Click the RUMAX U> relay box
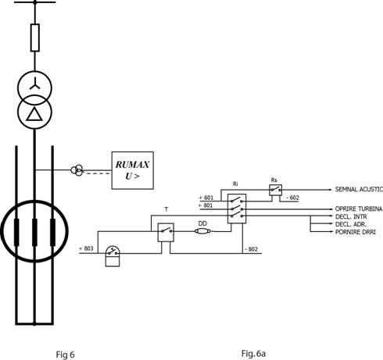pyautogui.click(x=132, y=170)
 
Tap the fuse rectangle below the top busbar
pyautogui.click(x=35, y=37)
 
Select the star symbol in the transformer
pyautogui.click(x=34, y=84)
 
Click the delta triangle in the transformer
pyautogui.click(x=34, y=115)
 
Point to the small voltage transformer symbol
pyautogui.click(x=77, y=170)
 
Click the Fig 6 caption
pyautogui.click(x=65, y=355)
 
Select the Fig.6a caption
pyautogui.click(x=253, y=354)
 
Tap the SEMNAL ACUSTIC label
pyautogui.click(x=359, y=189)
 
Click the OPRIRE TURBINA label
pyautogui.click(x=359, y=209)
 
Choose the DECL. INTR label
pyautogui.click(x=351, y=216)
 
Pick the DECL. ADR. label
pyautogui.click(x=351, y=224)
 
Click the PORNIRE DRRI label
pyautogui.click(x=356, y=232)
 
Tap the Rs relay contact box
pyautogui.click(x=275, y=190)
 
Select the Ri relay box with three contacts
pyautogui.click(x=237, y=209)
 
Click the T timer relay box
pyautogui.click(x=166, y=233)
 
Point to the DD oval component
pyautogui.click(x=202, y=231)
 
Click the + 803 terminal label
pyautogui.click(x=86, y=248)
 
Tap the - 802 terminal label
pyautogui.click(x=251, y=249)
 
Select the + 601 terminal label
pyautogui.click(x=206, y=198)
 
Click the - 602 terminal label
pyautogui.click(x=292, y=198)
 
